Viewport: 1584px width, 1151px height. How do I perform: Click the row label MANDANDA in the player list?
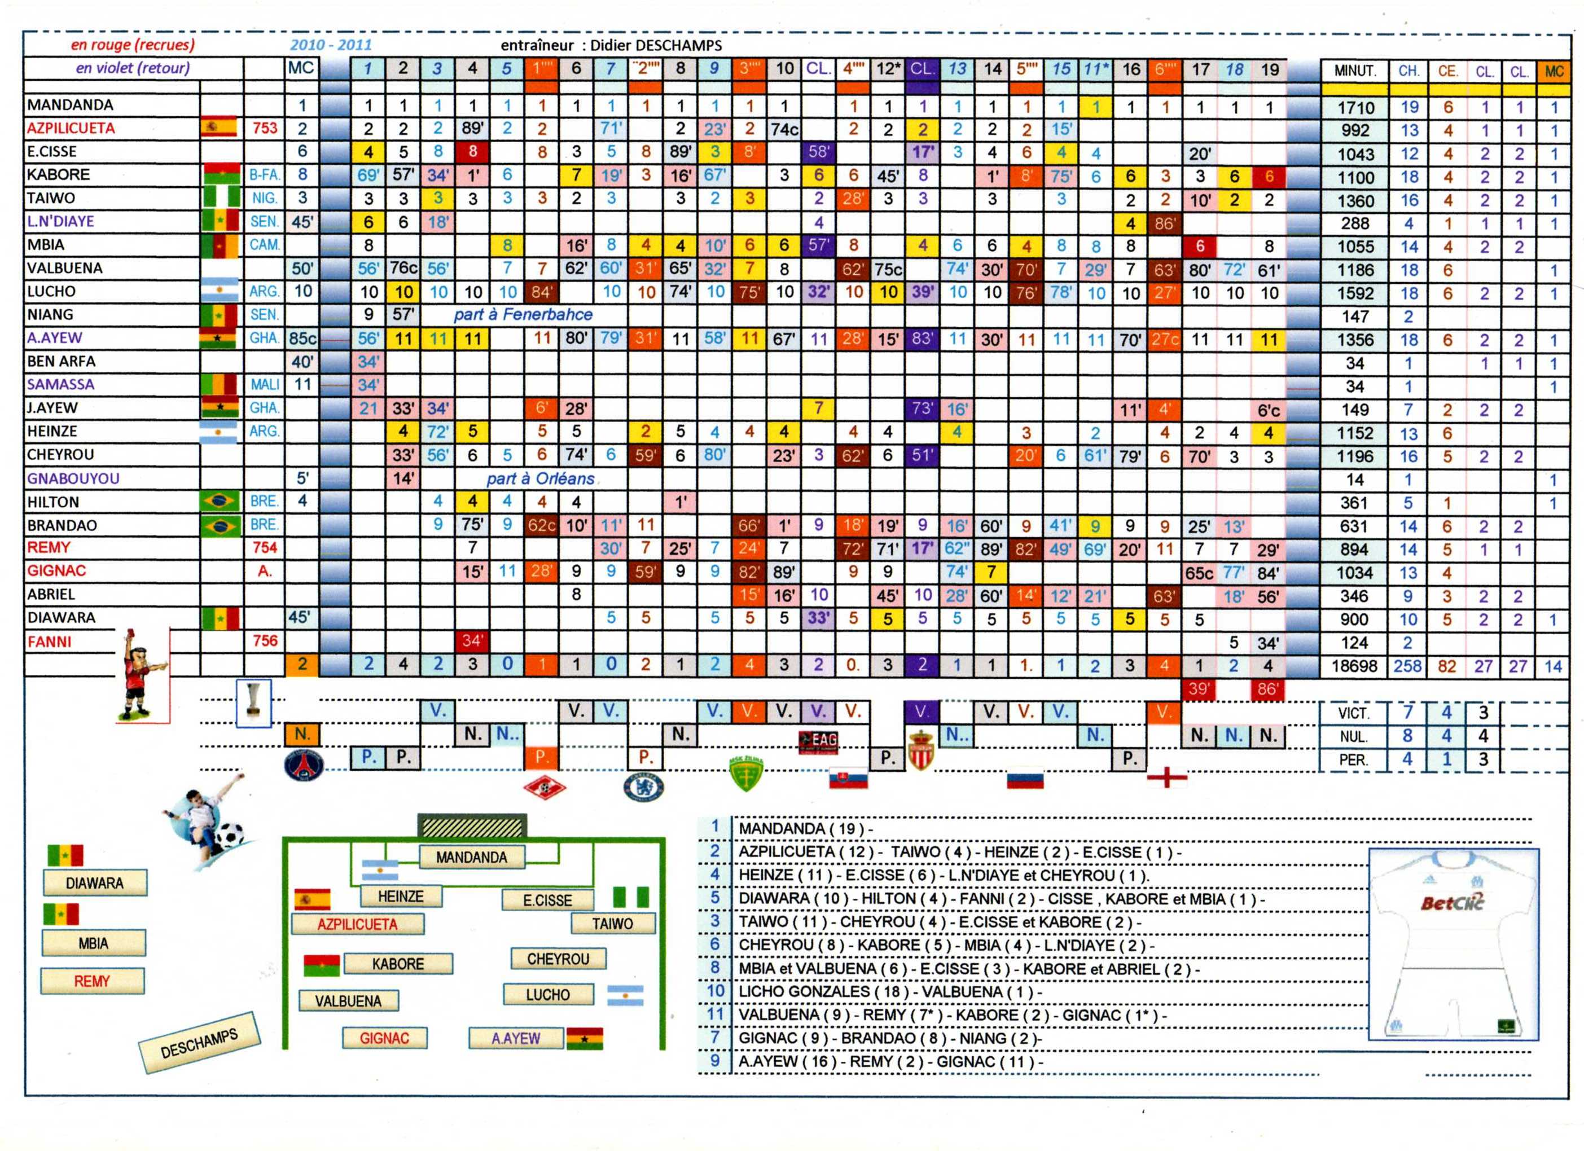(x=70, y=106)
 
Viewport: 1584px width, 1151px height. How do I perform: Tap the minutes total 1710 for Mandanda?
(x=1355, y=108)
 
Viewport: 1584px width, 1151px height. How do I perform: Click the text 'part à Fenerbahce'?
(x=523, y=315)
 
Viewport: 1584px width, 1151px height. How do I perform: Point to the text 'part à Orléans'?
(x=541, y=479)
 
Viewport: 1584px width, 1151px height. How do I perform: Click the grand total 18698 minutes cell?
(x=1354, y=666)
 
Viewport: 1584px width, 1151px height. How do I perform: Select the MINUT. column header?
(x=1355, y=71)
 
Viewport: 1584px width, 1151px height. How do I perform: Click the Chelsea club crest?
(x=643, y=787)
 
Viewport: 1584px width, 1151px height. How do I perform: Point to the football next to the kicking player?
(x=229, y=834)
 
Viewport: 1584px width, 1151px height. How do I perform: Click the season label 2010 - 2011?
(x=331, y=45)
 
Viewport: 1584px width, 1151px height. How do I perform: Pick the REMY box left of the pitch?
(x=92, y=981)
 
